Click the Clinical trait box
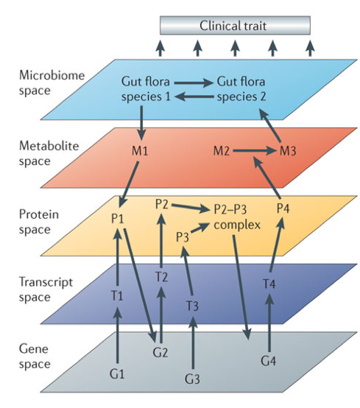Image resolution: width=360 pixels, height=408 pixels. click(235, 25)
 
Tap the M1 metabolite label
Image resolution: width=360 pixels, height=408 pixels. click(140, 151)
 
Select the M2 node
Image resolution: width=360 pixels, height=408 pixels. click(222, 151)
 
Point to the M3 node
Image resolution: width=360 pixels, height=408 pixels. click(288, 151)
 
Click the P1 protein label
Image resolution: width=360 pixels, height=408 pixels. click(117, 218)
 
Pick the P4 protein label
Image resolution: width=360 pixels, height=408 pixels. click(283, 208)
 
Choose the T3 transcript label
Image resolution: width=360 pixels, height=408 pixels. click(192, 306)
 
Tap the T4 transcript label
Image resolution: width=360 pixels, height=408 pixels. click(269, 284)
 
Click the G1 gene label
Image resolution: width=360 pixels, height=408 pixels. click(117, 374)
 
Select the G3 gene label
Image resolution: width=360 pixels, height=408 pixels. click(192, 379)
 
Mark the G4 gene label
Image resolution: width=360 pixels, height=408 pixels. click(268, 361)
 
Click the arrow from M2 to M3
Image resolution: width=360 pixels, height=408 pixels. click(254, 151)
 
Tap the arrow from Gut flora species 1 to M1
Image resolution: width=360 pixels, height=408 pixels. click(141, 123)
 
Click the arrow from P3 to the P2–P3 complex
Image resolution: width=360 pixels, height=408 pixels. click(200, 228)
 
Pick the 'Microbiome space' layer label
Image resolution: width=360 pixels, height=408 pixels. click(52, 83)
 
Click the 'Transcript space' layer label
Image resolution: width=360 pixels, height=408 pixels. click(46, 289)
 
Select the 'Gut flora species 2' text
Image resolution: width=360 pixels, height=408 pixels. click(241, 89)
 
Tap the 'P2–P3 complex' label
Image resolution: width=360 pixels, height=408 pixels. click(237, 217)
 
